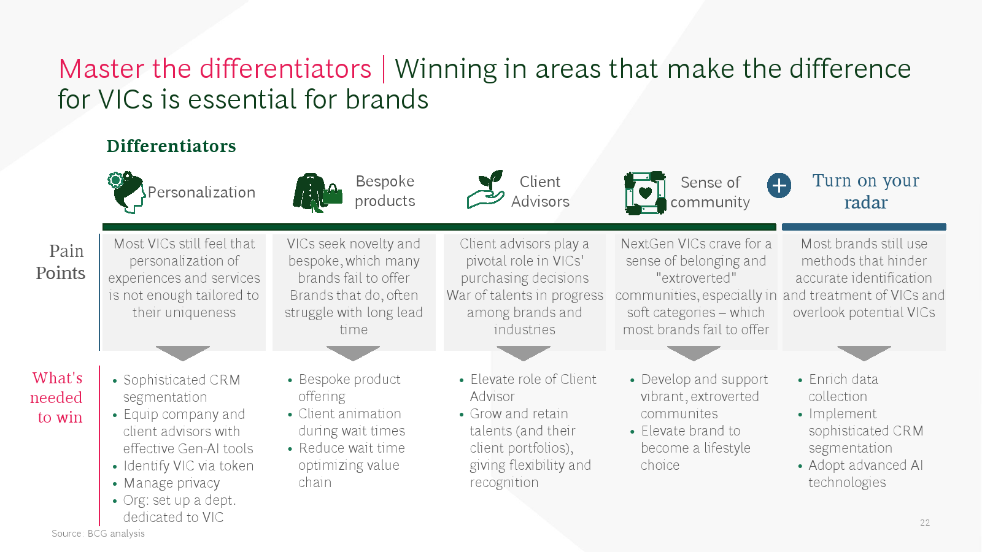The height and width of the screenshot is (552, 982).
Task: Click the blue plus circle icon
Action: tap(779, 186)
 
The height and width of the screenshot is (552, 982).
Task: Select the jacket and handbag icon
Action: tap(317, 193)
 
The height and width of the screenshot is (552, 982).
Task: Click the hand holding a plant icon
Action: tap(485, 190)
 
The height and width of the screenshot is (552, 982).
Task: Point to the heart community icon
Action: tap(645, 193)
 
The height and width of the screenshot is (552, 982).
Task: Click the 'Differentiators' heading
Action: tap(171, 146)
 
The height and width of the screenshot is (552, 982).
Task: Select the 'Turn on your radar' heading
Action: tap(866, 191)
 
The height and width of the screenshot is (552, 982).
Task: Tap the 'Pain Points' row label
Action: tap(61, 262)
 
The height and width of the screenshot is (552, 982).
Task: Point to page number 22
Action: tap(924, 523)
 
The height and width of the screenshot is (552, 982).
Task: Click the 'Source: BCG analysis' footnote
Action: tap(98, 534)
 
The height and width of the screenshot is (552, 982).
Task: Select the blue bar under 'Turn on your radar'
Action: tap(864, 227)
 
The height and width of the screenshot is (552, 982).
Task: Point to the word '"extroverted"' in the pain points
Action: tap(696, 278)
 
